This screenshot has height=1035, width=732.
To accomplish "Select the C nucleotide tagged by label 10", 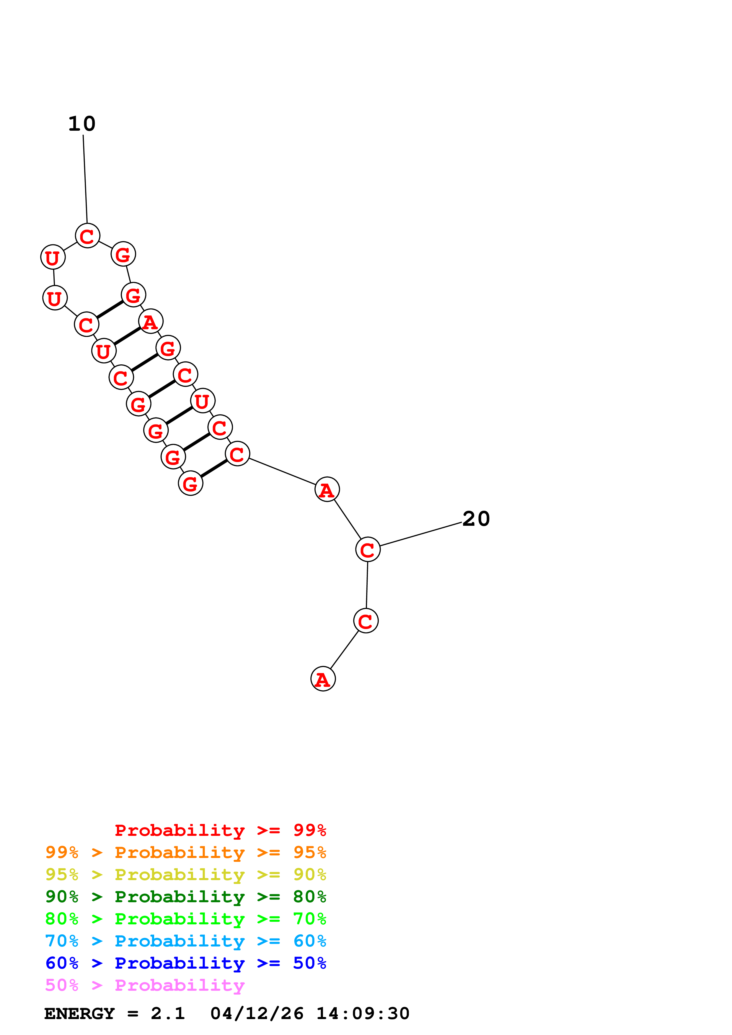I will (87, 236).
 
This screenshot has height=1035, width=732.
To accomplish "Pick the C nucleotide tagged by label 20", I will (368, 549).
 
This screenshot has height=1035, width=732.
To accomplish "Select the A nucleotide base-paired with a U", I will (151, 321).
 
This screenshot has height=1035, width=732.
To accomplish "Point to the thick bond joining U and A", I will (127, 336).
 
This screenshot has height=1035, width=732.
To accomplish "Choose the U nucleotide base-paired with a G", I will (203, 401).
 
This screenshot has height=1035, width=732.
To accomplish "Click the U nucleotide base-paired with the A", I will (104, 351).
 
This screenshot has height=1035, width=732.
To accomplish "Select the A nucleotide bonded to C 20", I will (327, 489).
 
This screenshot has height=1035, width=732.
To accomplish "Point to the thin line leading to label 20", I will (420, 535).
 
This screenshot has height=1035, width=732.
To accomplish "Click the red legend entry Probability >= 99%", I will (220, 830).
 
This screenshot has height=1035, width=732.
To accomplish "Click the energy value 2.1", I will (168, 1014).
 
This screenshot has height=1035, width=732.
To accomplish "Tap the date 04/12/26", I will (257, 1014).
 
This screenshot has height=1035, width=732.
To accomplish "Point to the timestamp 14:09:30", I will (363, 1014).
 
